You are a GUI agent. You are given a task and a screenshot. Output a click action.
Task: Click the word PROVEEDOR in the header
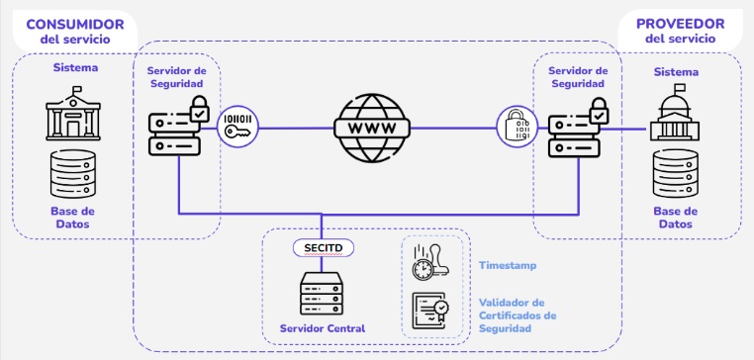[680, 23]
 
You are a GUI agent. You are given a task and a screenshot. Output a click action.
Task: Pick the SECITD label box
[323, 247]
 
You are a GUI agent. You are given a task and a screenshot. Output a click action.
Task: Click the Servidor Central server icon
[323, 293]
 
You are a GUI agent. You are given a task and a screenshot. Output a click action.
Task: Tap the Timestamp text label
[509, 266]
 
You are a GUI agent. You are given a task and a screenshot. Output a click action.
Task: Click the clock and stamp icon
[429, 264]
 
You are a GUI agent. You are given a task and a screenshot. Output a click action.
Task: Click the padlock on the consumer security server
[199, 109]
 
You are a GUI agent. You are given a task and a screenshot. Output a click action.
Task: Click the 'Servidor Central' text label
[323, 328]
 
